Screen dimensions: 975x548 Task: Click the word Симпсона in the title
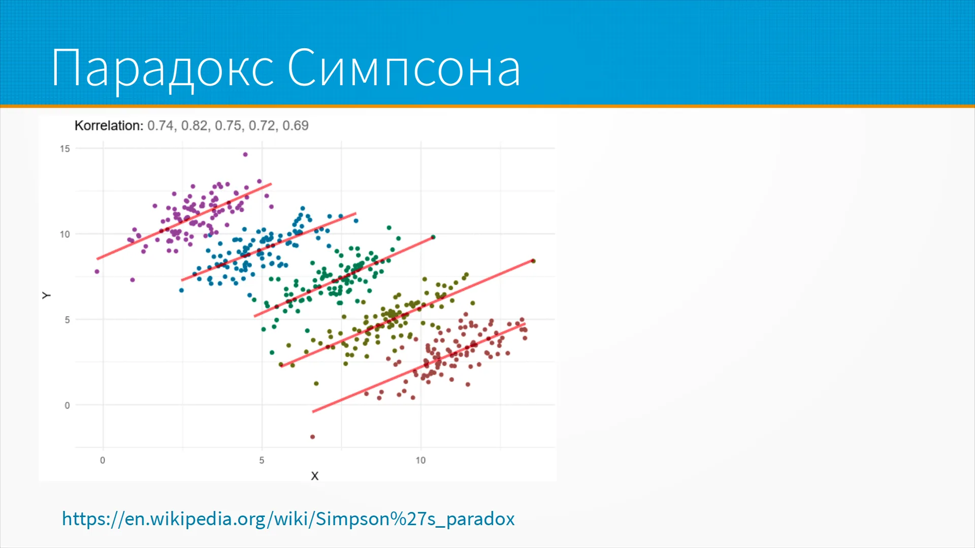click(x=404, y=68)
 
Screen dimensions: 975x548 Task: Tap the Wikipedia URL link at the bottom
click(x=288, y=519)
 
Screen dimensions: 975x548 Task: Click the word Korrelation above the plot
click(x=109, y=126)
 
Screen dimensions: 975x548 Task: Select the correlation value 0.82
click(x=194, y=126)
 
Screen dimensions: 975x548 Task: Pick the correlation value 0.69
click(x=296, y=126)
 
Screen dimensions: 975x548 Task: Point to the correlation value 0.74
click(x=160, y=126)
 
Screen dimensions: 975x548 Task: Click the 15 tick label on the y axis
click(x=64, y=149)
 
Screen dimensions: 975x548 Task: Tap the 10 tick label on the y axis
click(x=64, y=234)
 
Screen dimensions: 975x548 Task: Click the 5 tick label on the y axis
click(x=67, y=320)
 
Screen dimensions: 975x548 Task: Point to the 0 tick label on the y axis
click(x=67, y=405)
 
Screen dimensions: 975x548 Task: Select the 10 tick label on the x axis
click(x=420, y=460)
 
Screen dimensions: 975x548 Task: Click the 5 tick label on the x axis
click(x=262, y=460)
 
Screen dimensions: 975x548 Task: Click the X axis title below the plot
click(x=315, y=476)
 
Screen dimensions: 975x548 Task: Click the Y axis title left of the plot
click(x=46, y=295)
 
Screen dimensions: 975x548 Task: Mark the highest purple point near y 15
click(x=245, y=154)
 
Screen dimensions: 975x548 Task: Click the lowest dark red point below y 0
click(x=312, y=437)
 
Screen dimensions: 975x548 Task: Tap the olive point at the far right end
click(x=533, y=261)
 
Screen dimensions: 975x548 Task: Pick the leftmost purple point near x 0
click(x=97, y=271)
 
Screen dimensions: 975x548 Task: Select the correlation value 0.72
click(x=262, y=126)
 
